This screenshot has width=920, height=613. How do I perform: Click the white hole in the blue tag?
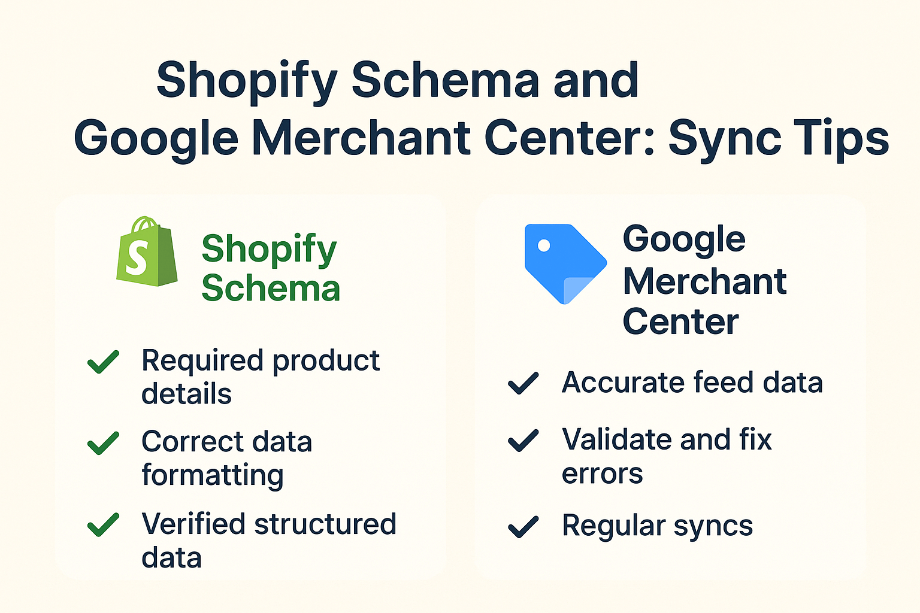point(544,245)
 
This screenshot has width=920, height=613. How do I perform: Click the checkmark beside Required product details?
point(103,362)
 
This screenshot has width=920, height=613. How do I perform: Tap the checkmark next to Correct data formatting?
point(103,443)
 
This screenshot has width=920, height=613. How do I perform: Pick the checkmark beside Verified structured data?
point(103,524)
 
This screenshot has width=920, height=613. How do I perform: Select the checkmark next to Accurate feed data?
point(523,383)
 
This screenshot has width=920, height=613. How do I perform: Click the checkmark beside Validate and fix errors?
point(523,440)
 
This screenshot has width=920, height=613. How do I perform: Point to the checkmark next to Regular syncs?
point(523,526)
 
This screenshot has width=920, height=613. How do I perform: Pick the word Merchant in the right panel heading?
point(704,281)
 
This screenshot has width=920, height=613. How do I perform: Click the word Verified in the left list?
point(194,524)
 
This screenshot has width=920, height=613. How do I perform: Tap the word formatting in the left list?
point(213,475)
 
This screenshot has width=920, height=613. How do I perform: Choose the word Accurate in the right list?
point(623,383)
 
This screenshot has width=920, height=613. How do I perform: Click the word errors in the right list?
point(602,474)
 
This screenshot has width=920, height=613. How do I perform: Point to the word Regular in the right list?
point(613,526)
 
